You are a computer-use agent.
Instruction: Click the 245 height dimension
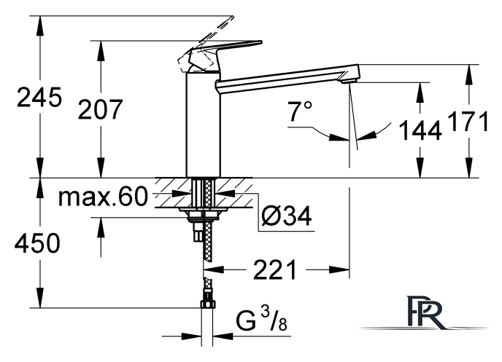tap(39, 97)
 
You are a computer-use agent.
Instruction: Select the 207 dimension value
tap(100, 109)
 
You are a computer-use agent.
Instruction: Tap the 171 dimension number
tap(468, 121)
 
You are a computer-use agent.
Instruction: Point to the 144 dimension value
tap(420, 130)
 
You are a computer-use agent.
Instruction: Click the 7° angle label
tap(300, 111)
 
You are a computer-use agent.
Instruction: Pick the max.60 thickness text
tap(103, 197)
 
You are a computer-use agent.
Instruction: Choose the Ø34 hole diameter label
tap(286, 216)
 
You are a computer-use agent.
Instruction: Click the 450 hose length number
tap(37, 243)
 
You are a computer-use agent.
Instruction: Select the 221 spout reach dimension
tap(275, 270)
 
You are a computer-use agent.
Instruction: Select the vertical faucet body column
tap(204, 125)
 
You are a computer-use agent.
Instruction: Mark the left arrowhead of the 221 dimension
tap(214, 269)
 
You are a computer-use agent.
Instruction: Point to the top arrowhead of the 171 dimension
tap(469, 74)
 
